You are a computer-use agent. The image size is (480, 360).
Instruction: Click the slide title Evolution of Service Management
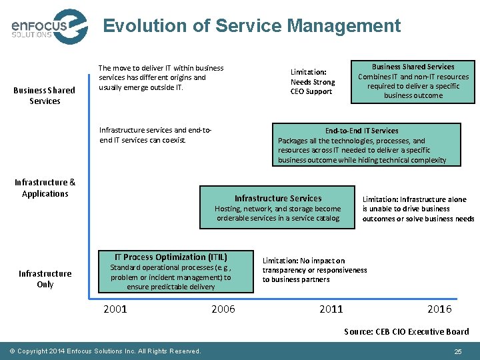(252, 26)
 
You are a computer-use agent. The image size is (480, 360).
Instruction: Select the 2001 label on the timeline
(115, 309)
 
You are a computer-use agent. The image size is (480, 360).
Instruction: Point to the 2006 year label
(223, 309)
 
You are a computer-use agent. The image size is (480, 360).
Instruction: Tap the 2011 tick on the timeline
(331, 309)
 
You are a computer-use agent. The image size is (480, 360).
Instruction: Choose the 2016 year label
(439, 309)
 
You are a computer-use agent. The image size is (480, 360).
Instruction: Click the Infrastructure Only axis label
(45, 279)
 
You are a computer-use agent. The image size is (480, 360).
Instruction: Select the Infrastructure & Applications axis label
(45, 188)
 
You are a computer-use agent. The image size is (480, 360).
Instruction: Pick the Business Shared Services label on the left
(45, 96)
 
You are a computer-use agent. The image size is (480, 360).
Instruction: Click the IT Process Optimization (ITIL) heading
(171, 257)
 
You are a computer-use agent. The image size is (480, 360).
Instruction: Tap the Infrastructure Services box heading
(278, 198)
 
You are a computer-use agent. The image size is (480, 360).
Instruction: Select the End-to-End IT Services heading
(361, 131)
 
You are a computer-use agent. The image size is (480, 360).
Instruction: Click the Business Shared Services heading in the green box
(413, 67)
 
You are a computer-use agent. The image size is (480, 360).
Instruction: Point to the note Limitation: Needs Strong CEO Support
(313, 82)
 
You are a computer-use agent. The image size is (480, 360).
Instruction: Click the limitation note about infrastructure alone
(417, 209)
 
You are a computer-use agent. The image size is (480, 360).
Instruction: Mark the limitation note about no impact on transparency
(314, 270)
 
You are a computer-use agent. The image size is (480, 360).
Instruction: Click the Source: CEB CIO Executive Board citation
(406, 331)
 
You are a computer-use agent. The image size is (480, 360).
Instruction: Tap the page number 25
(457, 351)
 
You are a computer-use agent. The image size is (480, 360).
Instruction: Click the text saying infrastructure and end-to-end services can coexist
(155, 135)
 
